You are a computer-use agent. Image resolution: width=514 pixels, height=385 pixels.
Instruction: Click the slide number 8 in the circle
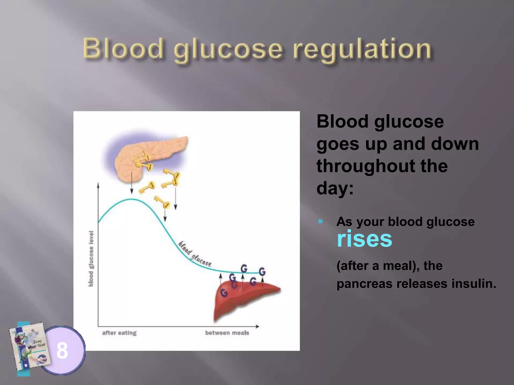click(62, 350)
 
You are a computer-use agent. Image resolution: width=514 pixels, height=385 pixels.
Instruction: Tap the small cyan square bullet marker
click(320, 221)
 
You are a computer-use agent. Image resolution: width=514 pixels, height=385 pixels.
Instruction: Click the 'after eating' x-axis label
click(119, 333)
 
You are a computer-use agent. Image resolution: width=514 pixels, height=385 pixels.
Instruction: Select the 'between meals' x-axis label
click(227, 333)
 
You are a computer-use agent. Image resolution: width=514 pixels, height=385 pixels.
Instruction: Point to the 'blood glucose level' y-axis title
click(91, 259)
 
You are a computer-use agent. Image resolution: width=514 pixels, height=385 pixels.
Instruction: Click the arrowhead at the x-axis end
click(257, 326)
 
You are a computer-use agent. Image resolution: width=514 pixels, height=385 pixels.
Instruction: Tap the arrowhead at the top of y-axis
click(98, 185)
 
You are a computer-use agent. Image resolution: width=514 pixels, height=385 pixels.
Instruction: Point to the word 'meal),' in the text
click(401, 266)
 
